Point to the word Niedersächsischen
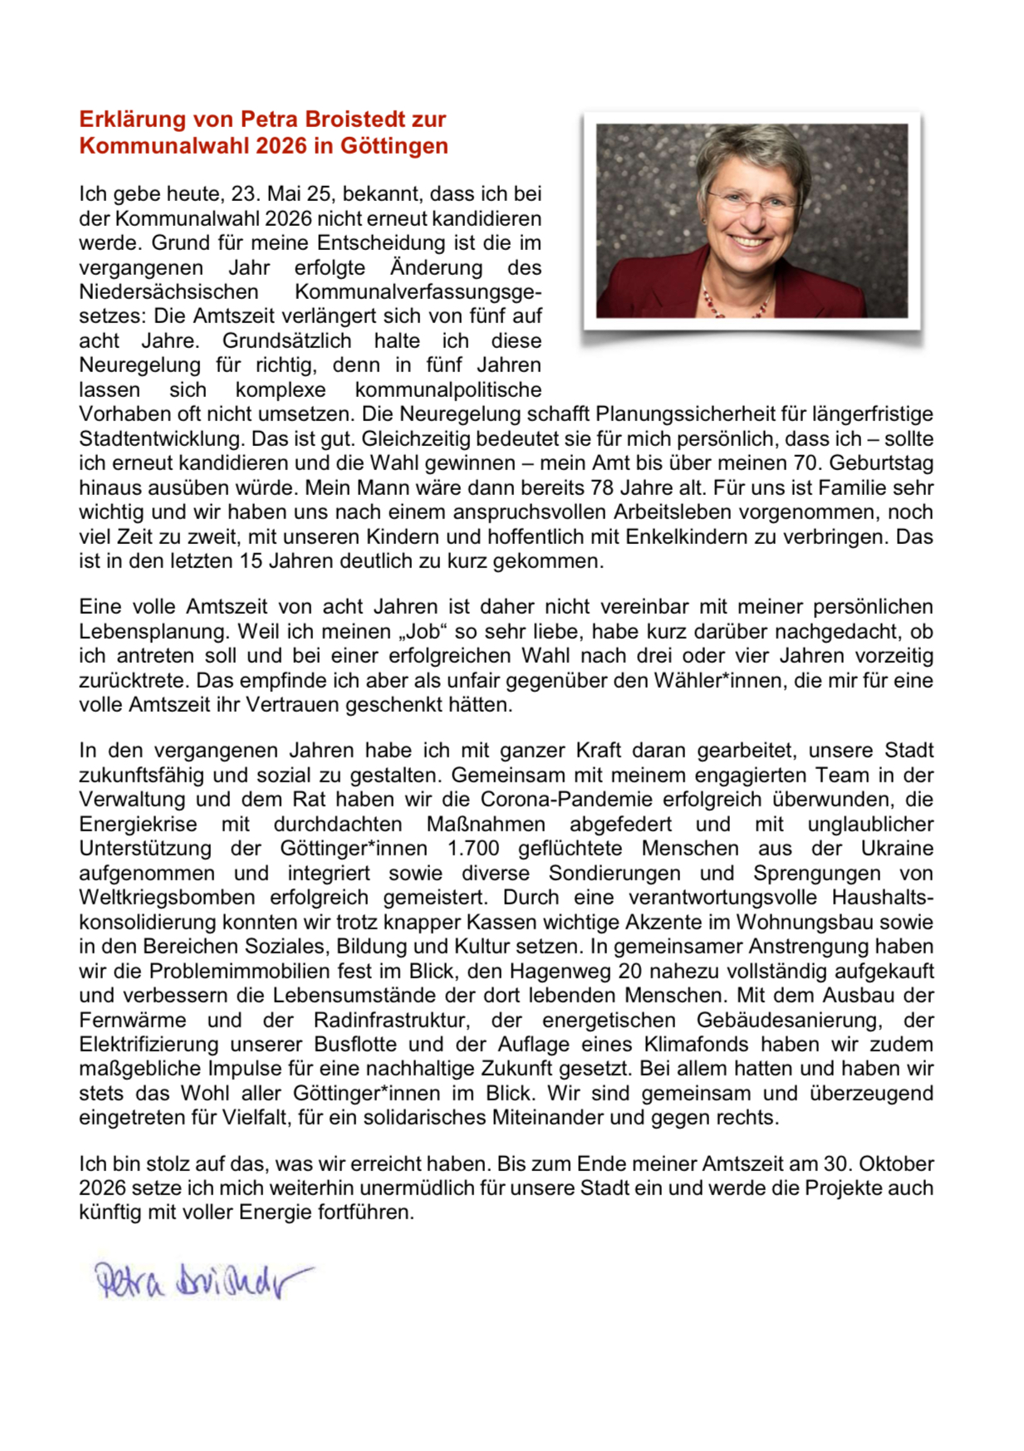pyautogui.click(x=169, y=292)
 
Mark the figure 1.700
pyautogui.click(x=473, y=849)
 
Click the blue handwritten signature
pyautogui.click(x=199, y=1280)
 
